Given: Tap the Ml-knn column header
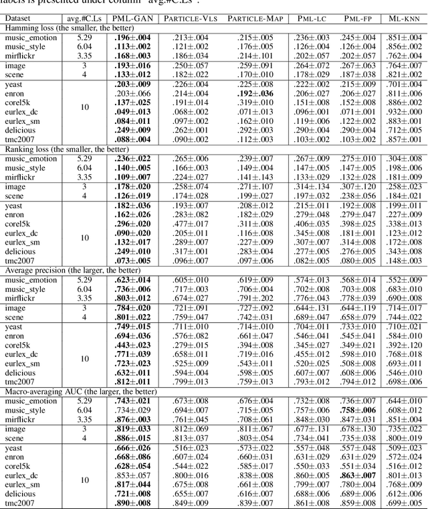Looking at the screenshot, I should [404, 18].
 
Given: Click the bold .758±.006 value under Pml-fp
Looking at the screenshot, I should [358, 409].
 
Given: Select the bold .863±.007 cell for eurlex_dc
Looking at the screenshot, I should [358, 475].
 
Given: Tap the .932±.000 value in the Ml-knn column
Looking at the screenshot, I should [404, 111].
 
